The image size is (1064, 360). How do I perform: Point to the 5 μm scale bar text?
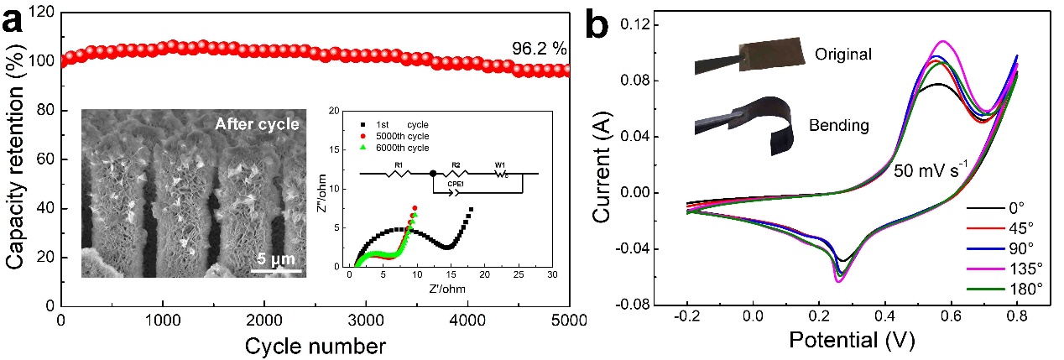[x=276, y=258]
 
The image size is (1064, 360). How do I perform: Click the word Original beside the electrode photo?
[x=843, y=55]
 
